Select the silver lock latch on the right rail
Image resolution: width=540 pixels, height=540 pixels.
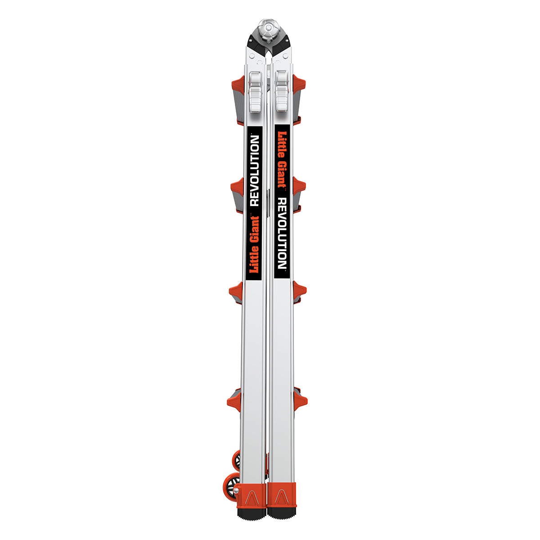tap(282, 90)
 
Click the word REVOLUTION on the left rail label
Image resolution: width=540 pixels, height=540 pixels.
tap(254, 171)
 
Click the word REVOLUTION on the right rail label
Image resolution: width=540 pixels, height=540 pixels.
tap(282, 233)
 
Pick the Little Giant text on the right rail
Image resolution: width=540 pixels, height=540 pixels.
tap(282, 160)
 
